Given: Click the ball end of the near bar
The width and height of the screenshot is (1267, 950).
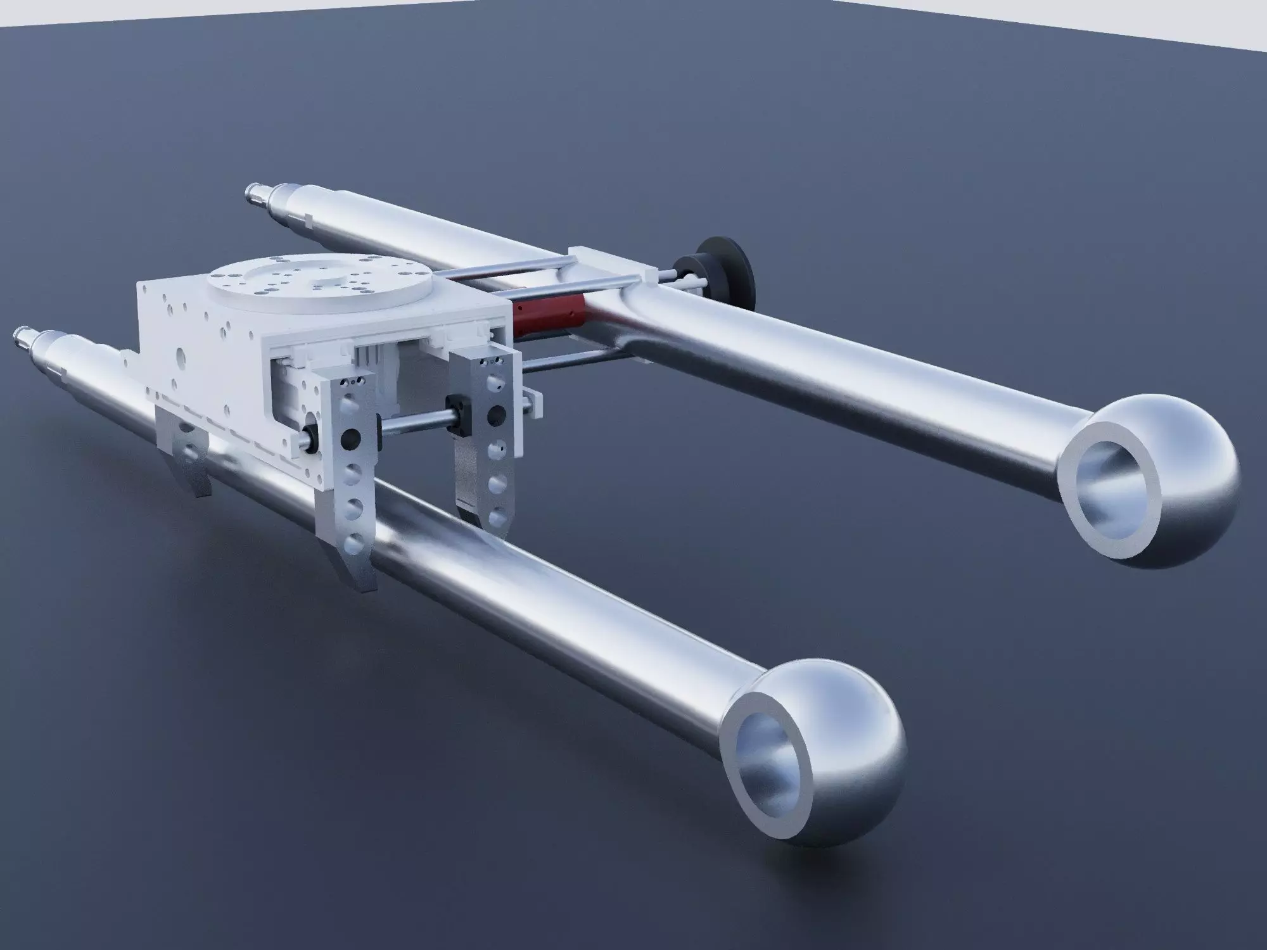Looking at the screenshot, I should [x=843, y=747].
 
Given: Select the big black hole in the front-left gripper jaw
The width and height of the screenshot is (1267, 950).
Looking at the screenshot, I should [x=347, y=438].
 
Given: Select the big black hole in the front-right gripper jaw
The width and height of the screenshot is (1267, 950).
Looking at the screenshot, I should [x=493, y=414].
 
